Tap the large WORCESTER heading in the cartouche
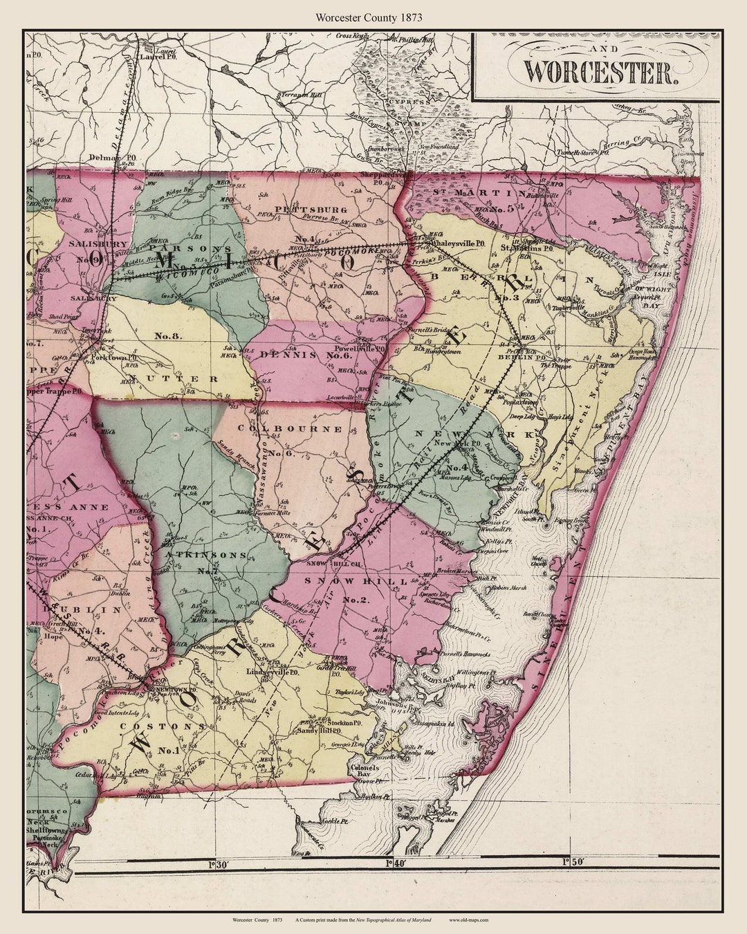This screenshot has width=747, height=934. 598,72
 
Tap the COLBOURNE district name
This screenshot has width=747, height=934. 290,429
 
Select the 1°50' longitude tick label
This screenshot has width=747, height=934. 573,862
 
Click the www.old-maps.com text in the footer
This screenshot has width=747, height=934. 469,919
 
